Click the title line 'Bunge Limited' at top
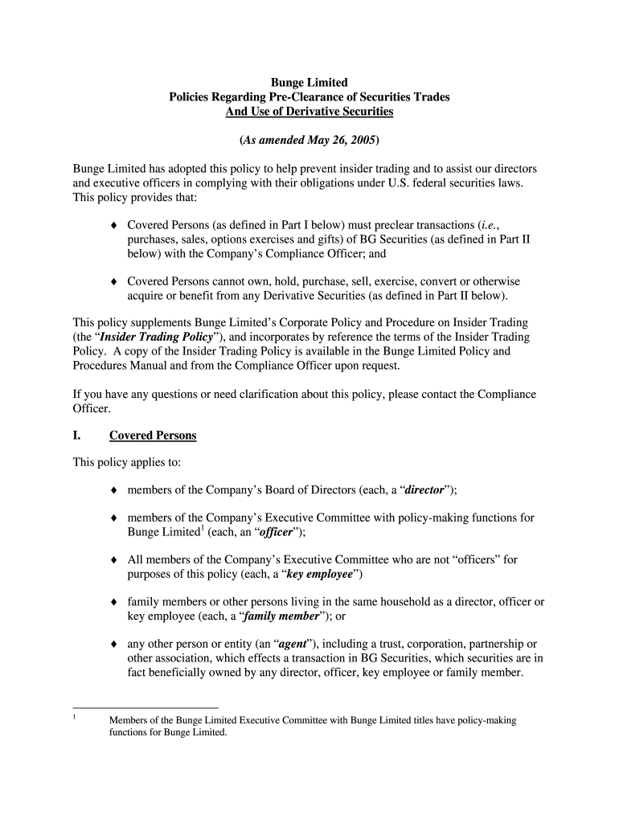pos(309,82)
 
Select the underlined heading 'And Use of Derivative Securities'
pos(309,111)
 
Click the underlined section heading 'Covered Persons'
pos(153,436)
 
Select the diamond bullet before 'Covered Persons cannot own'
pos(114,281)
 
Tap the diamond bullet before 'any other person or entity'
pos(114,644)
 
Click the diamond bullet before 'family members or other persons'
pos(114,602)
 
